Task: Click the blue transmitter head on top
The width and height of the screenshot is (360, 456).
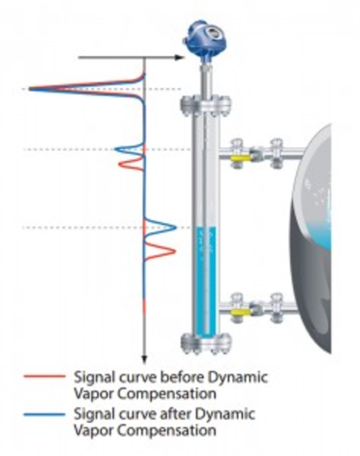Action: (x=205, y=38)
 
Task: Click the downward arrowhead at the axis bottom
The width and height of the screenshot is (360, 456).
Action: (x=145, y=360)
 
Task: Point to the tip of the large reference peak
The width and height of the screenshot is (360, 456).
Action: (x=29, y=89)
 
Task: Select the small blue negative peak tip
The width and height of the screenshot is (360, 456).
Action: (x=115, y=150)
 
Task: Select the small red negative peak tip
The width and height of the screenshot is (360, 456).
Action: (x=119, y=164)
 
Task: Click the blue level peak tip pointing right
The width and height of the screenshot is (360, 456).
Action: (x=176, y=227)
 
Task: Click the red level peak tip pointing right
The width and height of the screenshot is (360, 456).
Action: (x=175, y=251)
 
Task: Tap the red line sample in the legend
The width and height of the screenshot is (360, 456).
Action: (x=45, y=376)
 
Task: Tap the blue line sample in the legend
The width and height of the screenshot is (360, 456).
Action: (x=45, y=414)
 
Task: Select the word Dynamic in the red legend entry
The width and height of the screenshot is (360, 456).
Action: (x=237, y=378)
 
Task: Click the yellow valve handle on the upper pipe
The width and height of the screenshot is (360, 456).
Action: (x=241, y=158)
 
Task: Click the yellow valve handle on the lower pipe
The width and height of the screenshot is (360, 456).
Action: (x=241, y=312)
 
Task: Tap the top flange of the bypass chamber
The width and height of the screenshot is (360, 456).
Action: (x=206, y=106)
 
